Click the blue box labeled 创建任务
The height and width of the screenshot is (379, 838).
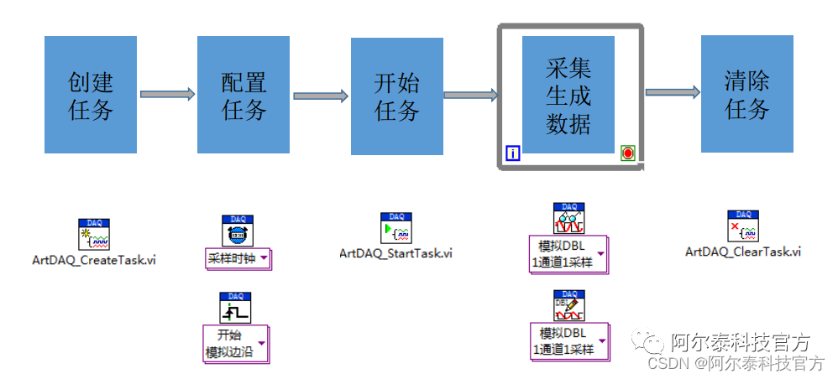coord(91,95)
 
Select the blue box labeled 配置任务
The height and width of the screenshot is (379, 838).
coord(244,95)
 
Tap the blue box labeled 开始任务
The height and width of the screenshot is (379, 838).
coord(397,95)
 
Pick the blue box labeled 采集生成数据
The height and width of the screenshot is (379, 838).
coord(568,95)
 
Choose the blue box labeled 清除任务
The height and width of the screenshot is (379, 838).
coord(746,95)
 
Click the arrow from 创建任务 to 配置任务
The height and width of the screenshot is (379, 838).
coord(166,95)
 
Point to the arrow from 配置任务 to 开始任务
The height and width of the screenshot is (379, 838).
coord(320,95)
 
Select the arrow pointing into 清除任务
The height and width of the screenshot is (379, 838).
coord(673,91)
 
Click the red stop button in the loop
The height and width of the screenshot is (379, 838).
coord(628,153)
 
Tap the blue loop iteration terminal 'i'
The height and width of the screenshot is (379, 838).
coord(513,153)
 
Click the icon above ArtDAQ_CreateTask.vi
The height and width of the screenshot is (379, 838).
coord(94,235)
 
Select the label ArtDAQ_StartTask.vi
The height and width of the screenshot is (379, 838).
coord(395,252)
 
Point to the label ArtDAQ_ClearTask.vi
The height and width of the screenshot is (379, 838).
coord(743,251)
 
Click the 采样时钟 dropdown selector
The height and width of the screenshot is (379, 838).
coord(238,258)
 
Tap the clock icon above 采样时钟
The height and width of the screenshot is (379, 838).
coord(238,231)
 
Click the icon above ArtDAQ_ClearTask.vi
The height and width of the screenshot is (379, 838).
coord(742,226)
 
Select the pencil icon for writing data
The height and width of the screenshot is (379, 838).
coord(568,305)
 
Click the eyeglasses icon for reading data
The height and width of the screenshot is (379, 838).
coord(568,219)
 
